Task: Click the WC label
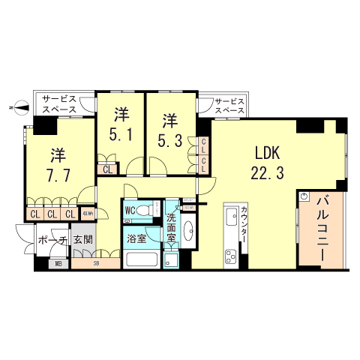(130, 210)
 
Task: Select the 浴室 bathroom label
(136, 240)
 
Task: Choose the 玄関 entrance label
(83, 240)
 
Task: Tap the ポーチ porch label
(52, 240)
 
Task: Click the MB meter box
(59, 263)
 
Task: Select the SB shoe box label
(95, 263)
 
